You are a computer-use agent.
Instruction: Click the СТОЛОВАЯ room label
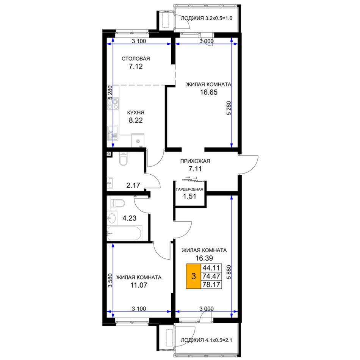pos(136,58)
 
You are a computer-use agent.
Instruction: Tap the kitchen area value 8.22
pos(136,120)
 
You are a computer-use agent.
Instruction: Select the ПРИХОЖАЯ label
pos(195,161)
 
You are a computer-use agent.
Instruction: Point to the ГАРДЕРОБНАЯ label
pos(189,189)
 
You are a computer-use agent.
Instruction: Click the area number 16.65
pos(208,92)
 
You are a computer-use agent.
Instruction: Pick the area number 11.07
pos(139,285)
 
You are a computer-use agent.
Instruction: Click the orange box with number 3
pos(194,276)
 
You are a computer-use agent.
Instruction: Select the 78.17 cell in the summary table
pos(211,285)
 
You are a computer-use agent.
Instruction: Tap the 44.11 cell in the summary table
pos(211,268)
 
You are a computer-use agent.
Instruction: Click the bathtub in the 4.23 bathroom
pos(124,233)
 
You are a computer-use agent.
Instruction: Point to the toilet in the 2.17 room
pos(123,159)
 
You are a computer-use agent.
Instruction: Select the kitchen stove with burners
pos(113,104)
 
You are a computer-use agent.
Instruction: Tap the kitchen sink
pos(113,133)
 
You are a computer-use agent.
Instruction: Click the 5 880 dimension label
pos(229,272)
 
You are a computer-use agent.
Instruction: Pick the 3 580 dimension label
pos(110,280)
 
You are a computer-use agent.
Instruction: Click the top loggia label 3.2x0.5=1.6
pos(207,18)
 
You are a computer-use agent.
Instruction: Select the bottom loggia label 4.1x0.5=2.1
pos(207,340)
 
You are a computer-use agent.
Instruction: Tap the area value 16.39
pos(204,258)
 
